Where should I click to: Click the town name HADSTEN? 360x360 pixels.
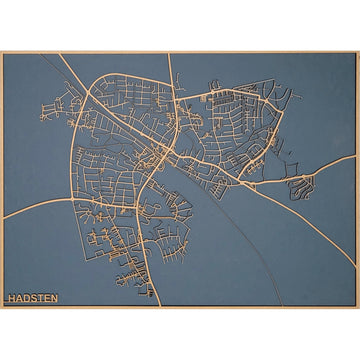click(32, 298)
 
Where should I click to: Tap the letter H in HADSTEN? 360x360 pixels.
click(11, 298)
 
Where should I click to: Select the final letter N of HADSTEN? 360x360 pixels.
click(54, 298)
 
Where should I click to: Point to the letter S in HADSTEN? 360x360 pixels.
click(33, 298)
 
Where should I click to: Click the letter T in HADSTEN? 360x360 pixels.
click(40, 298)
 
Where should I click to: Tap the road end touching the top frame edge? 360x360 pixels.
click(167, 54)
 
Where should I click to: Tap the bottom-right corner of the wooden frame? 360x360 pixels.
click(357, 307)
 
